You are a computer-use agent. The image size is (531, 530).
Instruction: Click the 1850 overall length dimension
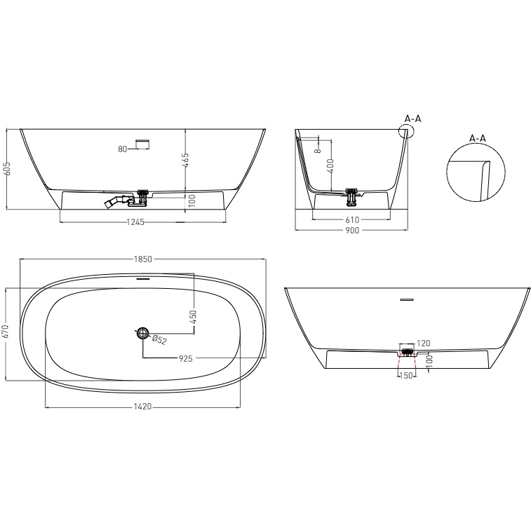pos(144,259)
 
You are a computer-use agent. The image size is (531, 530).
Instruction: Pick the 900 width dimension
pos(351,231)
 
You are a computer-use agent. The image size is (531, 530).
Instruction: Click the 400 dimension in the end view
pos(330,166)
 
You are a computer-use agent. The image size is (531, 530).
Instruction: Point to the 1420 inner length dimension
pos(142,407)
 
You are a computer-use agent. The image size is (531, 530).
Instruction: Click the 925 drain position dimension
pos(186,358)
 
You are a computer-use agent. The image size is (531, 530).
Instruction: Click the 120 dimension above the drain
pos(423,344)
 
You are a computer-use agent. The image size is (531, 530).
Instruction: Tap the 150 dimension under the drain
pos(405,376)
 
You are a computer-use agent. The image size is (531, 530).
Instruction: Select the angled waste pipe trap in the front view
pos(112,203)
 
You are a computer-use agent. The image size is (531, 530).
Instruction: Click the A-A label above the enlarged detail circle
pos(478,138)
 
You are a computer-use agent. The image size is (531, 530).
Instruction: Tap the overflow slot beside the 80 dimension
pos(142,144)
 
